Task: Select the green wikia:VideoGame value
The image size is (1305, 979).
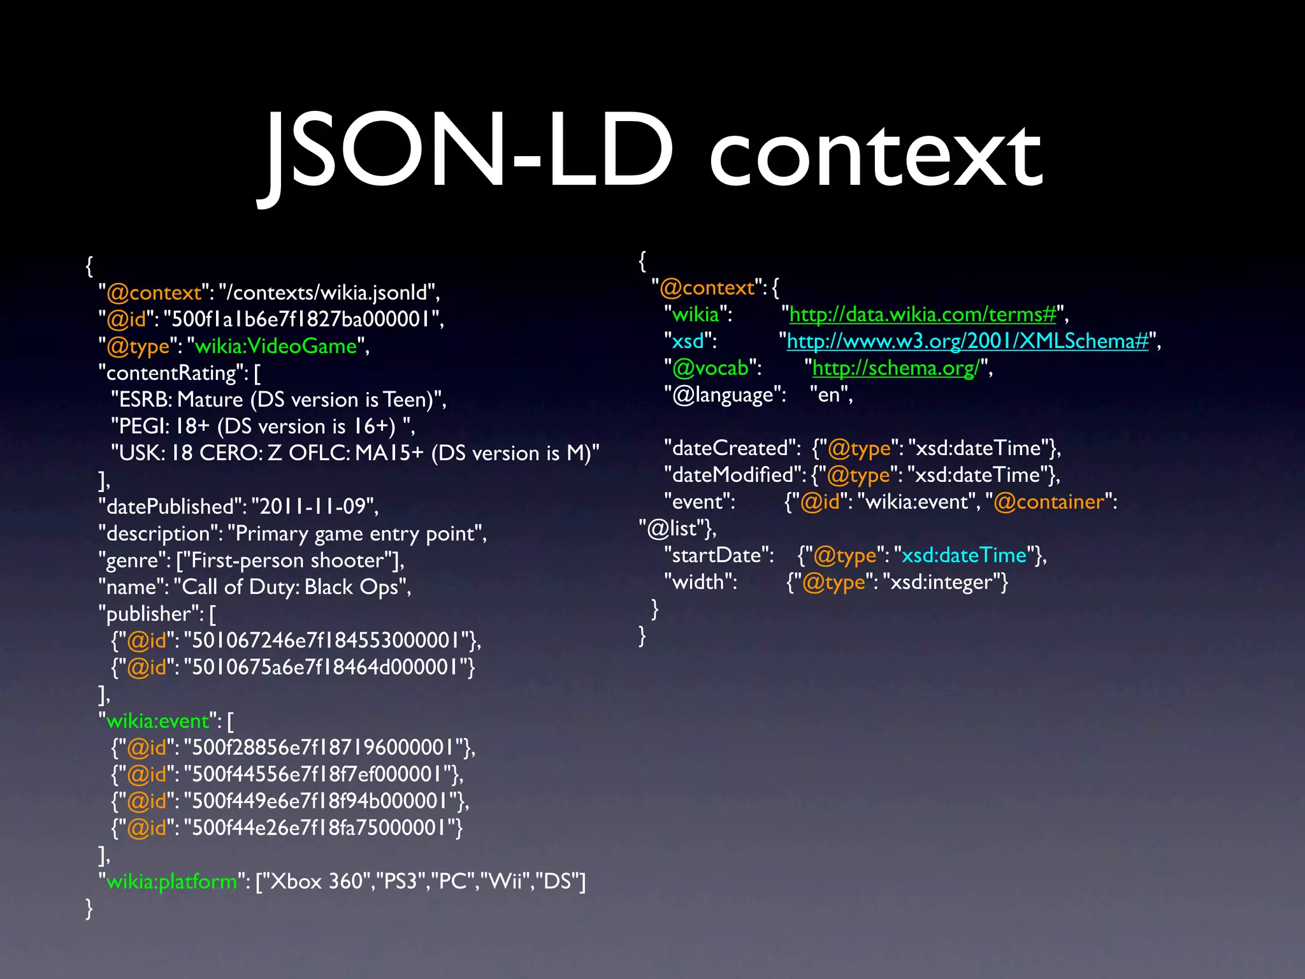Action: pos(275,346)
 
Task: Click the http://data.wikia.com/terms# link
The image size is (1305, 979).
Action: pos(923,314)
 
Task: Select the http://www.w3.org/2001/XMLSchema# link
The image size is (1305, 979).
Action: pos(967,341)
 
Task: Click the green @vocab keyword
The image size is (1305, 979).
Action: pos(710,368)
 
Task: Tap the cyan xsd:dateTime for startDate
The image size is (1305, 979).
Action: pos(964,555)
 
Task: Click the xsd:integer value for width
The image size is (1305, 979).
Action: pos(942,582)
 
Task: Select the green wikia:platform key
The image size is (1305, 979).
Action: pos(171,881)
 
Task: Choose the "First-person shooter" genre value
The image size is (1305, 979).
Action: pos(287,560)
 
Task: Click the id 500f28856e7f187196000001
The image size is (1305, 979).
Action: pos(323,748)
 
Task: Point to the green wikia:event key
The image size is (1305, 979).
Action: pos(157,721)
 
